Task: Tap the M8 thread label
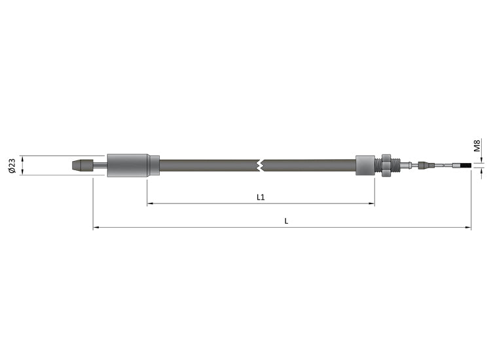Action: (x=477, y=145)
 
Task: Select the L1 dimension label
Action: (x=260, y=196)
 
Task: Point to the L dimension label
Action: (x=286, y=221)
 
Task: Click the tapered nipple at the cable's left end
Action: (x=81, y=166)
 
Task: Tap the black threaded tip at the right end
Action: (x=465, y=166)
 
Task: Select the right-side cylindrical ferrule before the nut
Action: (x=365, y=165)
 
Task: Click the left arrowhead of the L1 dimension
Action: (x=150, y=204)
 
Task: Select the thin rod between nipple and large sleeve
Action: (x=99, y=166)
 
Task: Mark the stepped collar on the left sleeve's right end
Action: (x=155, y=166)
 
